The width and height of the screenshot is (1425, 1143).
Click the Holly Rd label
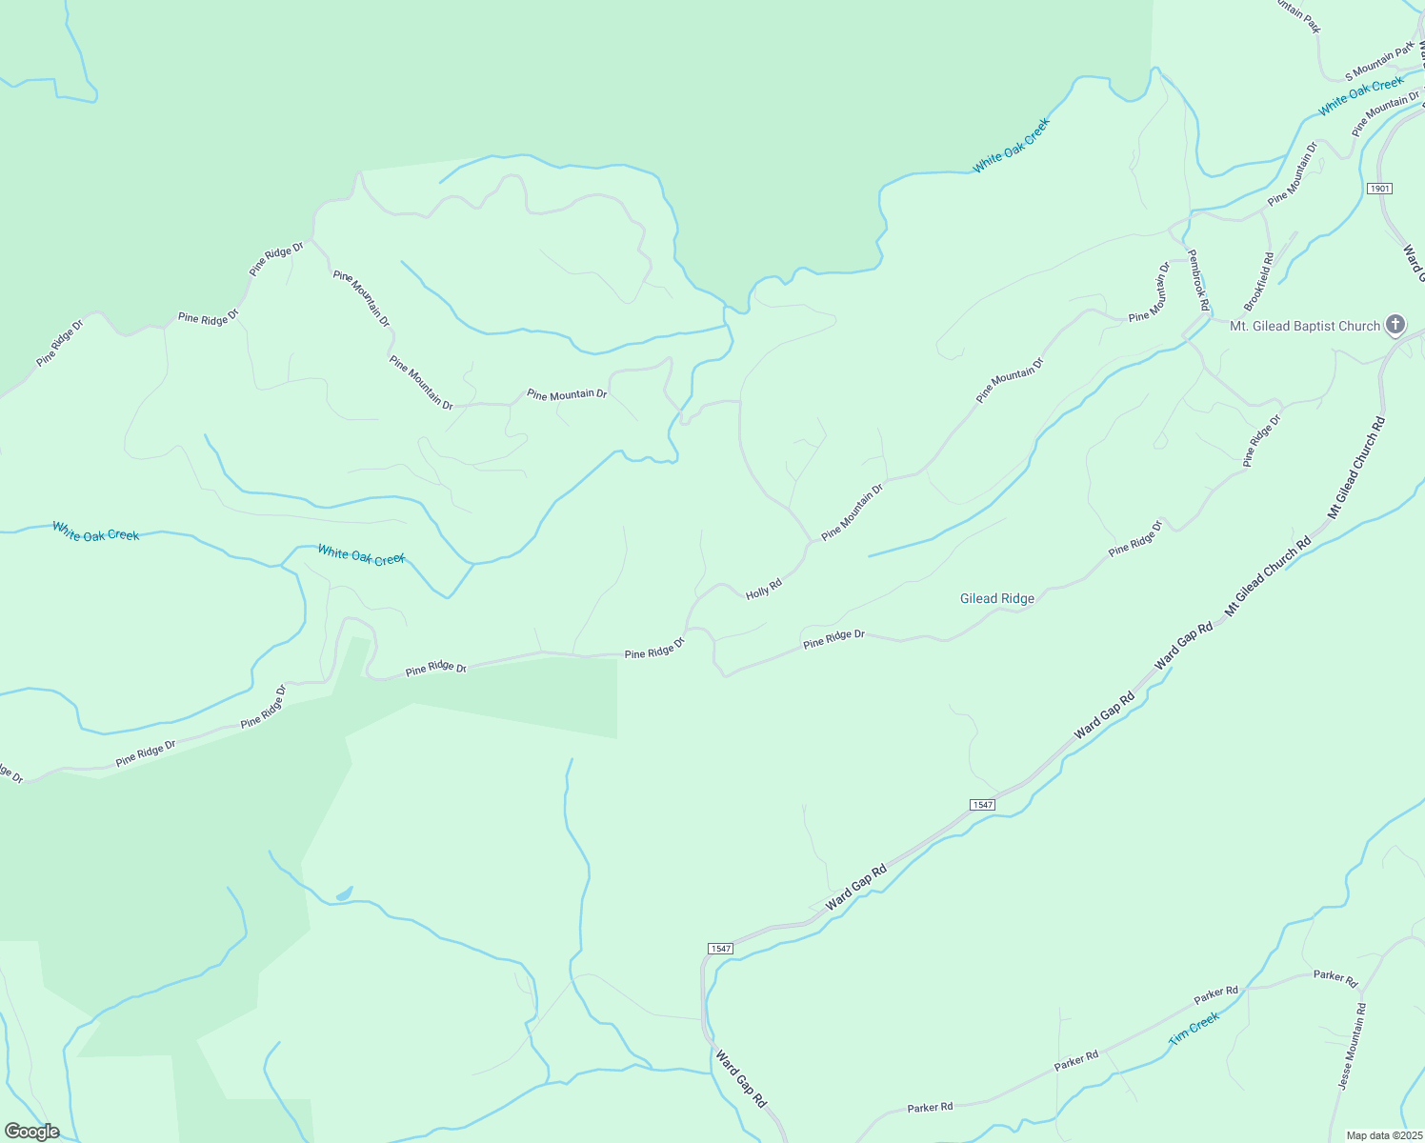pyautogui.click(x=763, y=588)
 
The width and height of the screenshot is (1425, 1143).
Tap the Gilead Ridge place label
pyautogui.click(x=996, y=598)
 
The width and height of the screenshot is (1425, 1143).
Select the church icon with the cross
pyautogui.click(x=1395, y=326)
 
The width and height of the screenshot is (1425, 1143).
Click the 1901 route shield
pyautogui.click(x=1379, y=189)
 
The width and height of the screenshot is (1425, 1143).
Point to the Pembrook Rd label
pyautogui.click(x=1198, y=280)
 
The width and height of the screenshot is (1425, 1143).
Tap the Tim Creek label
pyautogui.click(x=1194, y=1029)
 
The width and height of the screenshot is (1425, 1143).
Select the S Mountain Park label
pyautogui.click(x=1380, y=63)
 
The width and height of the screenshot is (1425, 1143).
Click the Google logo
pyautogui.click(x=30, y=1132)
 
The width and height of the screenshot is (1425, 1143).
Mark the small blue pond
pyautogui.click(x=344, y=894)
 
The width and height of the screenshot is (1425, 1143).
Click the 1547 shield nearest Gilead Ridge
pyautogui.click(x=982, y=805)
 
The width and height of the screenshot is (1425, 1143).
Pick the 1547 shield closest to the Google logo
pyautogui.click(x=720, y=949)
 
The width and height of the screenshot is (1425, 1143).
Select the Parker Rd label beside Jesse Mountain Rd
pyautogui.click(x=1335, y=976)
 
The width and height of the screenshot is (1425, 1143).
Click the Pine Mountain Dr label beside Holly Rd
pyautogui.click(x=853, y=511)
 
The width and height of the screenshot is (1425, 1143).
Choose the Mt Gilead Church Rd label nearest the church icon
pyautogui.click(x=1356, y=467)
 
